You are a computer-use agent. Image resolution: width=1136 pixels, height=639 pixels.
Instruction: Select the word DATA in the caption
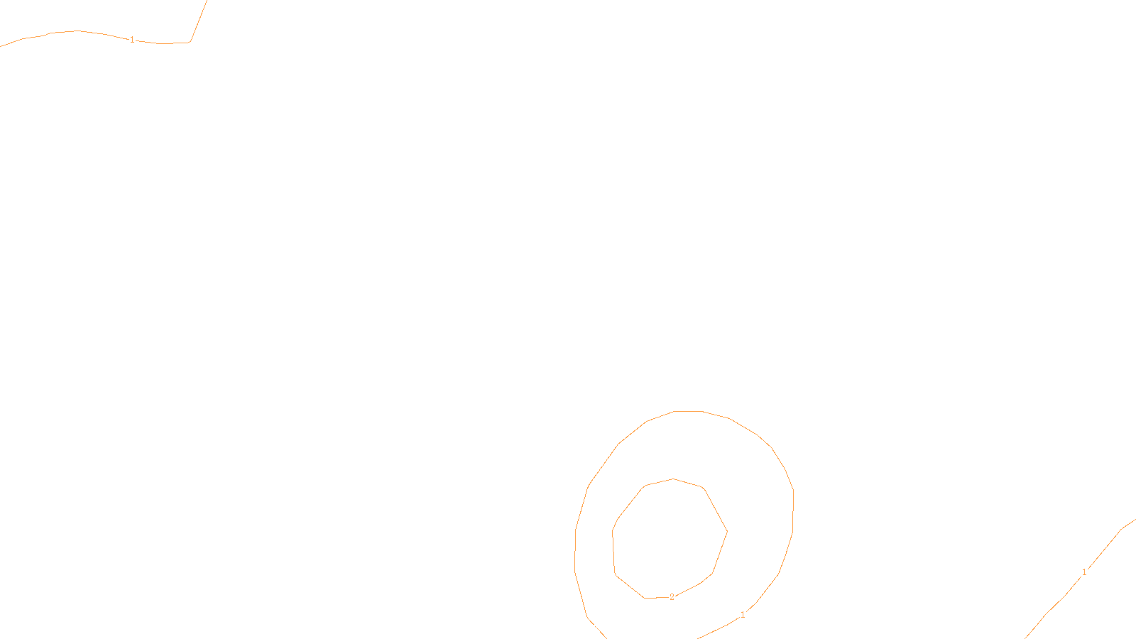(600, 628)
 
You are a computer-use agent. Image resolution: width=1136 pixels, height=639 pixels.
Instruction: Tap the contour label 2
(672, 597)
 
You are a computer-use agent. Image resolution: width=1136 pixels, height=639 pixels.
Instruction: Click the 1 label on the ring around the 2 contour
(743, 615)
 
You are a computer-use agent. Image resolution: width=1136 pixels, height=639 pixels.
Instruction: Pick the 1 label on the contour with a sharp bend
(132, 40)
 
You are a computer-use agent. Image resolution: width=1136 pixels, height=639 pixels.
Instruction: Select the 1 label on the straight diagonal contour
(1084, 572)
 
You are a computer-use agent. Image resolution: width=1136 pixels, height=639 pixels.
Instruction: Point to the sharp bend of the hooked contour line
(190, 42)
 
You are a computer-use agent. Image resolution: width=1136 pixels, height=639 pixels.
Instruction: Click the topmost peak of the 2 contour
(673, 479)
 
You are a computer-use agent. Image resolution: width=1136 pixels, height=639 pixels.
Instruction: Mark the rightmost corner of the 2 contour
(727, 531)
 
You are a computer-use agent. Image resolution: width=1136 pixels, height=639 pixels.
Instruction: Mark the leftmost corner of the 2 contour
(612, 531)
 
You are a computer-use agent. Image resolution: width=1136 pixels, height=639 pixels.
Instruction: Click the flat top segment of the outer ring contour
(687, 411)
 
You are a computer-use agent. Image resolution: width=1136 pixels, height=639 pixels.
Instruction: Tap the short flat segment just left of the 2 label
(655, 598)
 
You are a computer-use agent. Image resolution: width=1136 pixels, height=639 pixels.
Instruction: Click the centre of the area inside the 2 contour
(670, 538)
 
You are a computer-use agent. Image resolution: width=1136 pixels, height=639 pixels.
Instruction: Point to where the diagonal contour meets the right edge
(1135, 520)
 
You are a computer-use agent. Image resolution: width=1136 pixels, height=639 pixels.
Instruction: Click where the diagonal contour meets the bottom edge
(1026, 638)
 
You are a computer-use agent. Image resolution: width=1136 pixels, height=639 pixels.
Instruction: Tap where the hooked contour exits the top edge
(207, 1)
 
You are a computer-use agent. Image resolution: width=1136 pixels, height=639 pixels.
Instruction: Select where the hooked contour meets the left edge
(1, 46)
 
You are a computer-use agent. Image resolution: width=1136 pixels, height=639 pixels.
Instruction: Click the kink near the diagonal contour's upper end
(1121, 529)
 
